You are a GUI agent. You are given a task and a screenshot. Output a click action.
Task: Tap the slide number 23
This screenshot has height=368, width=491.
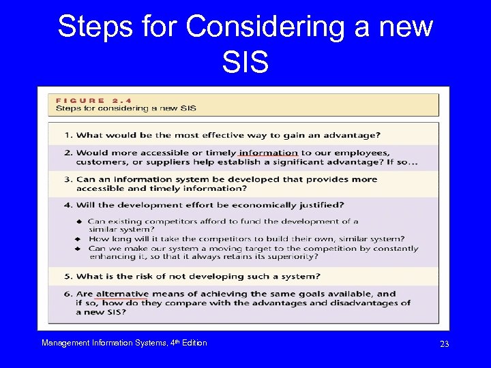444,344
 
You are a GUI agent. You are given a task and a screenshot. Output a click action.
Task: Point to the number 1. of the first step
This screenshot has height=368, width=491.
68,134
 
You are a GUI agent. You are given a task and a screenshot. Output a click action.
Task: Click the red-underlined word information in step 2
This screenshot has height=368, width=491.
268,153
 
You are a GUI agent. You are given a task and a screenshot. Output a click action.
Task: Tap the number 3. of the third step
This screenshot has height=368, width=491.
68,179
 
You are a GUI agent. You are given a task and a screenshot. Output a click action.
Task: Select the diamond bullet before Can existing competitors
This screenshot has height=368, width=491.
80,221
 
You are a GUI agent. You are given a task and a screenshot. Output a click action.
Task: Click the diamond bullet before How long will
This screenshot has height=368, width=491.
80,239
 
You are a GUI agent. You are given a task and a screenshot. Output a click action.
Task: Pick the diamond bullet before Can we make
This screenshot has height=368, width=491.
80,249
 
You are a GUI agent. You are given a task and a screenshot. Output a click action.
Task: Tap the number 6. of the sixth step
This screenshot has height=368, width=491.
68,294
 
